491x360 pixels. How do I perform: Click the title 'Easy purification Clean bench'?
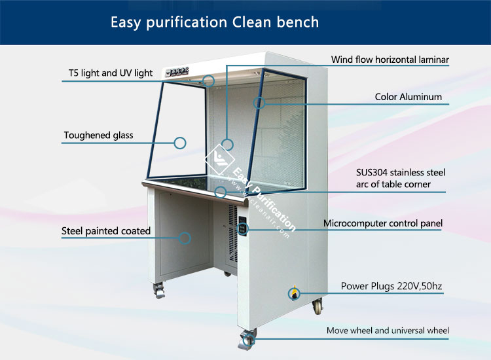pyautogui.click(x=215, y=22)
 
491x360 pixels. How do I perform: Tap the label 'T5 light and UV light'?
pyautogui.click(x=111, y=73)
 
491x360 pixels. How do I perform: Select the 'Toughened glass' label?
pyautogui.click(x=98, y=135)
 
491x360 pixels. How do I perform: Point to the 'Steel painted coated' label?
pyautogui.click(x=106, y=231)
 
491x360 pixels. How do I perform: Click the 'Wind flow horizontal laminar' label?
pyautogui.click(x=390, y=60)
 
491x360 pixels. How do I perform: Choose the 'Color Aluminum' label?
pyautogui.click(x=409, y=97)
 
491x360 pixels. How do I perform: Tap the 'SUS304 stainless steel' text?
pyautogui.click(x=401, y=173)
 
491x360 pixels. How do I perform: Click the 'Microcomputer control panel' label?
pyautogui.click(x=383, y=223)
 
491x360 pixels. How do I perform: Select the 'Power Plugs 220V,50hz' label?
pyautogui.click(x=391, y=286)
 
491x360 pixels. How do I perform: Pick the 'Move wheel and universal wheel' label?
pyautogui.click(x=388, y=331)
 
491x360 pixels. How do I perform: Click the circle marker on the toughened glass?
pyautogui.click(x=180, y=143)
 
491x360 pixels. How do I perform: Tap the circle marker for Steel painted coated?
pyautogui.click(x=185, y=238)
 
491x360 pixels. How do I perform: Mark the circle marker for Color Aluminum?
pyautogui.click(x=259, y=103)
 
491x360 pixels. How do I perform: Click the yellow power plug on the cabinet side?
pyautogui.click(x=294, y=293)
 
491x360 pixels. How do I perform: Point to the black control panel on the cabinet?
pyautogui.click(x=242, y=225)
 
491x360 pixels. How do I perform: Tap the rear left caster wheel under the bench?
pyautogui.click(x=159, y=290)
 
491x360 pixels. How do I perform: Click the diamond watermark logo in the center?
pyautogui.click(x=219, y=159)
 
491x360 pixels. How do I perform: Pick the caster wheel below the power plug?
pyautogui.click(x=318, y=306)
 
